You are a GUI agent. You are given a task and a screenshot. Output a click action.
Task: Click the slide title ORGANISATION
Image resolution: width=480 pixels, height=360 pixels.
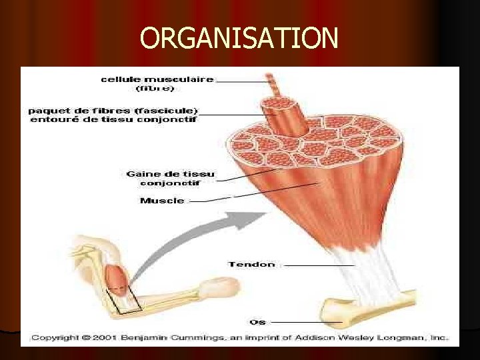tap(239, 39)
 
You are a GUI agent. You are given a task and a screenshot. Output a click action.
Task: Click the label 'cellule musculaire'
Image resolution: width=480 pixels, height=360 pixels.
tap(157, 79)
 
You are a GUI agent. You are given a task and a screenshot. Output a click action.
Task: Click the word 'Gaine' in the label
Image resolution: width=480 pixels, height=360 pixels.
tap(141, 174)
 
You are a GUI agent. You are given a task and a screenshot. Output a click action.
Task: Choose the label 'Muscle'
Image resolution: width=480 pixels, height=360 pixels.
tap(162, 201)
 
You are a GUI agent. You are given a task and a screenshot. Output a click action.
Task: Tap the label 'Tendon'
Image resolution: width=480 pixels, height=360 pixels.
tap(251, 265)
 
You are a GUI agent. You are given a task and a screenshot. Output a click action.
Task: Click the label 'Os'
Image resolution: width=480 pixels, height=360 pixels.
tap(257, 322)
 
